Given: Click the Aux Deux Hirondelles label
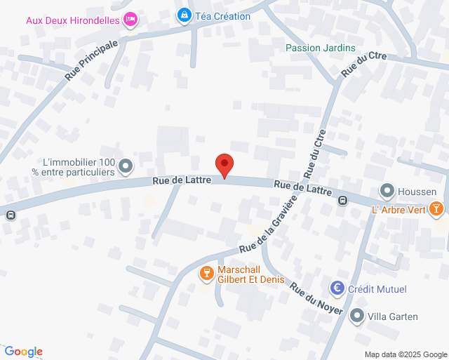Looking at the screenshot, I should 73,20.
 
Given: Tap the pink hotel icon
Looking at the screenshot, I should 130,20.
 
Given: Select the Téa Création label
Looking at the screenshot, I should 222,16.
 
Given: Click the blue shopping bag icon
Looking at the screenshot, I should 184,15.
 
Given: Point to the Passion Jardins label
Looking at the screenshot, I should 320,48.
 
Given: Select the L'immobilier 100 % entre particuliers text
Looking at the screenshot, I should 78,166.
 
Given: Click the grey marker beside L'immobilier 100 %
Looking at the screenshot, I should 126,166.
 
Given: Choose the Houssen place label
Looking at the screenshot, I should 417,192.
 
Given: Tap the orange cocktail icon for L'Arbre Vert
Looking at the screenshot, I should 436,208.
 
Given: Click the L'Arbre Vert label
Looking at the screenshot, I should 398,208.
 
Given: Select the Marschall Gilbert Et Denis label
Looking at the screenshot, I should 248,274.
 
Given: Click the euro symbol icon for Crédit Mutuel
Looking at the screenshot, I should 338,288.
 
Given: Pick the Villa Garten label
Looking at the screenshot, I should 393,316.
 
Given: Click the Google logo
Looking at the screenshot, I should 23,352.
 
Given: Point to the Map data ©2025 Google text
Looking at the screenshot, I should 405,354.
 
